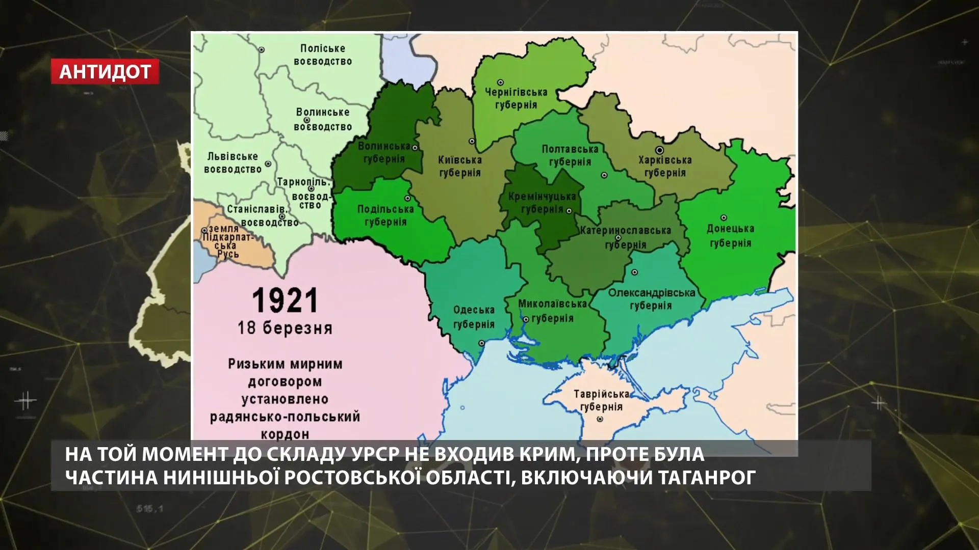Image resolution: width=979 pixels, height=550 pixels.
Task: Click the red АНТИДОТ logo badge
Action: [x=105, y=72]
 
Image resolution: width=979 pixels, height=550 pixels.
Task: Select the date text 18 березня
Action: [x=285, y=327]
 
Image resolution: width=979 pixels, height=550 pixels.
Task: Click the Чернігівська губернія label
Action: [x=516, y=98]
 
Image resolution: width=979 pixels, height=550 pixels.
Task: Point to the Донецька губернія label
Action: [x=730, y=236]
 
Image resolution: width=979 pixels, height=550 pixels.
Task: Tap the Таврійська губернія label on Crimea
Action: [x=601, y=400]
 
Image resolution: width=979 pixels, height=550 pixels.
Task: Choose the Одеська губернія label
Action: [x=474, y=317]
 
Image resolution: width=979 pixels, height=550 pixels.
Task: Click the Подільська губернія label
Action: [x=385, y=215]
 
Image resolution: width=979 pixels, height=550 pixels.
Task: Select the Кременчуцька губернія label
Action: [x=542, y=202]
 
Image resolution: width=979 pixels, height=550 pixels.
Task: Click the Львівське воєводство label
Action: [x=233, y=162]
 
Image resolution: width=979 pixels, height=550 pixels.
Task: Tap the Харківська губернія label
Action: [x=665, y=166]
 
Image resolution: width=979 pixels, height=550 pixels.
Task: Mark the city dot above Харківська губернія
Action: [x=659, y=150]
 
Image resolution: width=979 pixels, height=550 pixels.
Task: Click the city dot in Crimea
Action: [x=601, y=419]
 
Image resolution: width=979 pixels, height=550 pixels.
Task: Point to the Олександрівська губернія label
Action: [x=651, y=299]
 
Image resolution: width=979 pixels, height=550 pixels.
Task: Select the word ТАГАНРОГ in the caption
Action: [x=702, y=478]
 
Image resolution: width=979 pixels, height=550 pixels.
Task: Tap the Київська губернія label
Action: [x=459, y=166]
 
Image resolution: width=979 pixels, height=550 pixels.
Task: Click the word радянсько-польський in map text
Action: [x=285, y=417]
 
